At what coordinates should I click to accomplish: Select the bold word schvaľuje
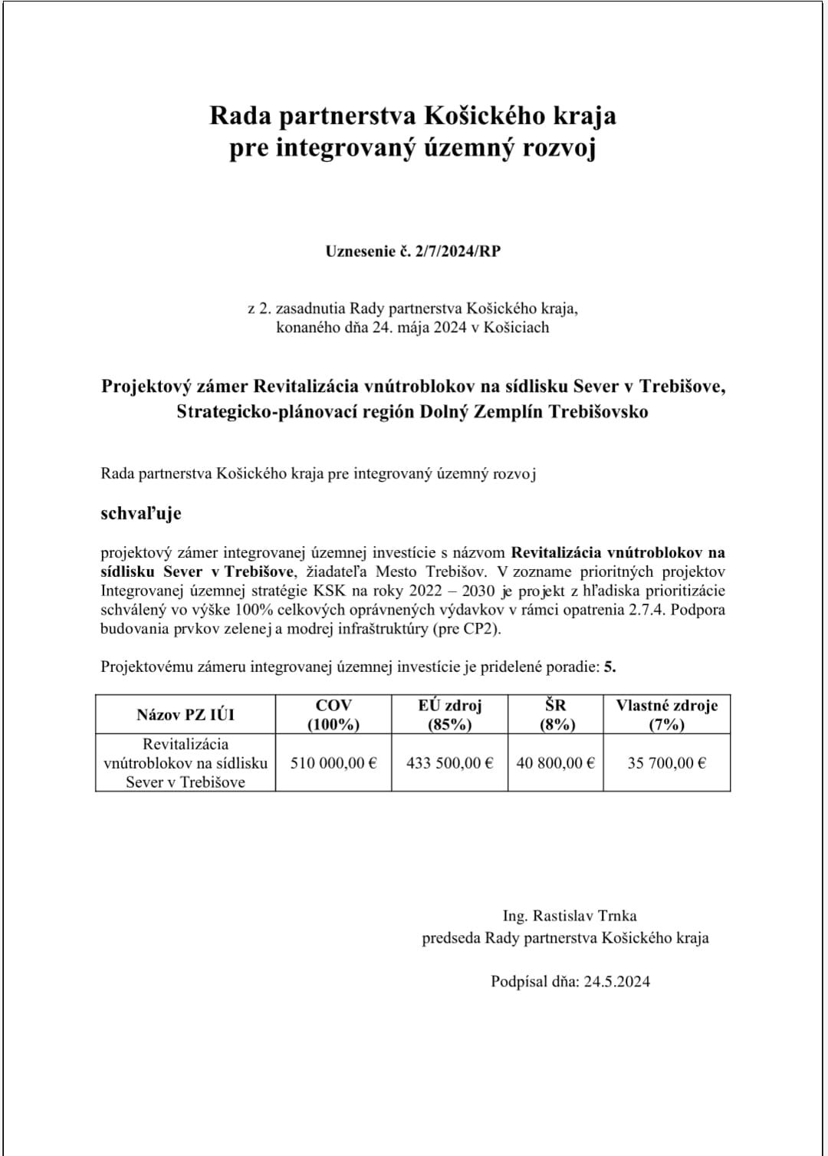coord(141,513)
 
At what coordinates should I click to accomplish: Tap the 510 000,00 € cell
coord(333,763)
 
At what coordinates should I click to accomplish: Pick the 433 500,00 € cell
coord(449,763)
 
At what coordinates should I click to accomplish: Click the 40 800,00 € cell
coord(556,763)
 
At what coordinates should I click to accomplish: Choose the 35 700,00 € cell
coord(666,763)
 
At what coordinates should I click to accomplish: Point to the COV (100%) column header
coord(333,714)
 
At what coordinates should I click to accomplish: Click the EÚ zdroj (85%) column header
coord(449,714)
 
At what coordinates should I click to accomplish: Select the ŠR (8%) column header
coord(556,714)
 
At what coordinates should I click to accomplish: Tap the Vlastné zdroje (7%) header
coord(666,714)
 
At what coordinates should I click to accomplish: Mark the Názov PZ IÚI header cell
coord(186,715)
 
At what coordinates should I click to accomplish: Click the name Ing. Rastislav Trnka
coord(570,915)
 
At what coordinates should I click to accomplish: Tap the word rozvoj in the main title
coord(559,148)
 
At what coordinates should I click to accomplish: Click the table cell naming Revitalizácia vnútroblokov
coord(186,763)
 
